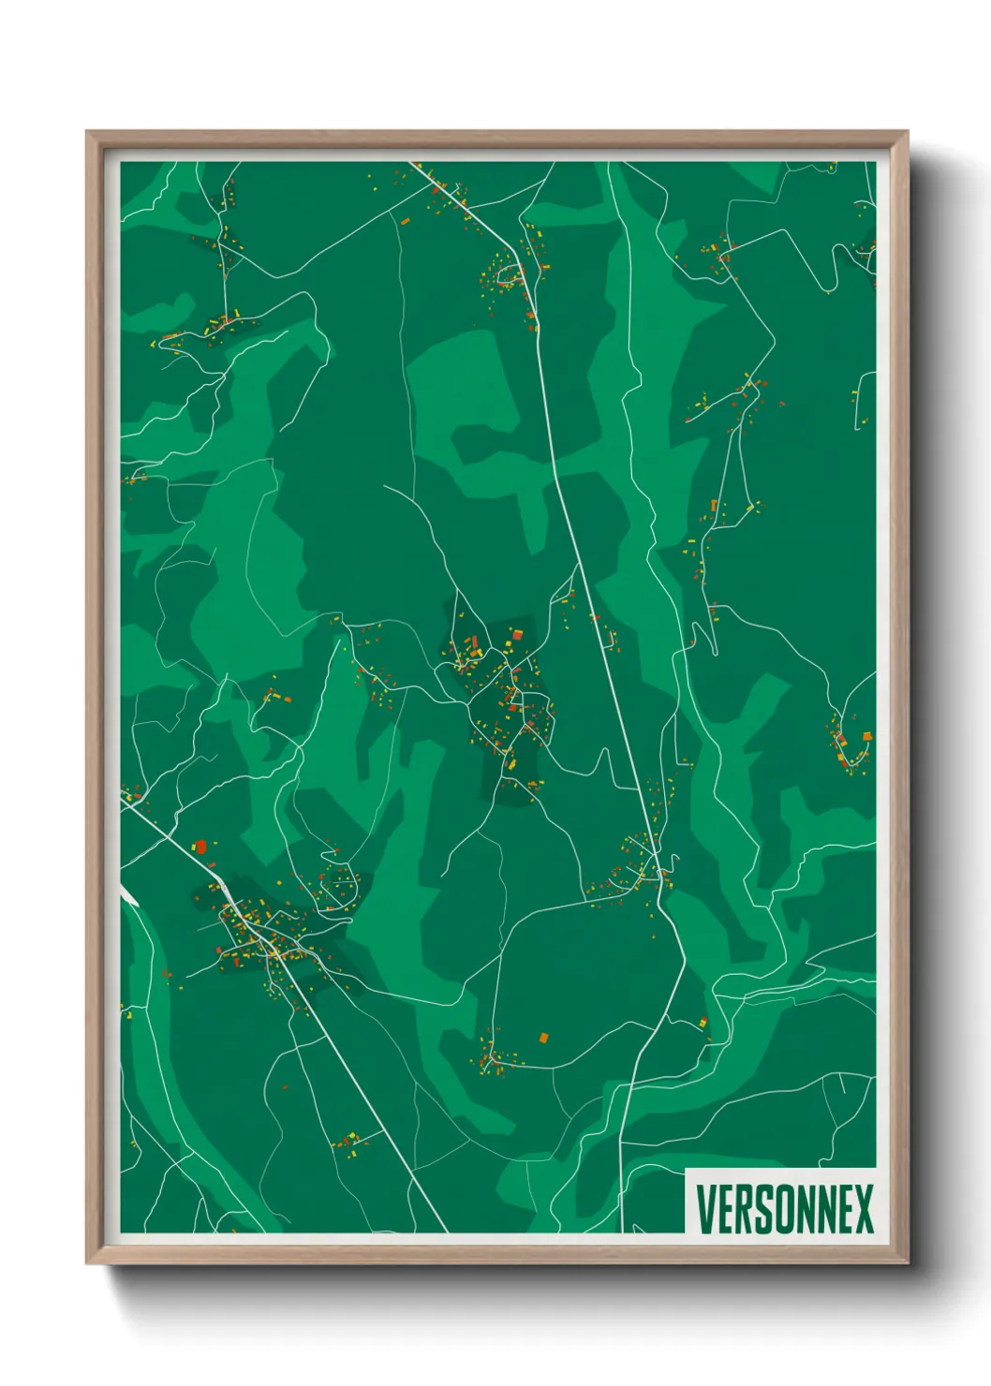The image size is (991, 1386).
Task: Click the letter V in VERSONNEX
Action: (x=706, y=1209)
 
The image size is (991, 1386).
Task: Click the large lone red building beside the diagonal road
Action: (x=200, y=846)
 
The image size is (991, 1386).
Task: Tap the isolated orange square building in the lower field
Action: (x=542, y=1038)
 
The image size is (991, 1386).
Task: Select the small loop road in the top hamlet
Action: (x=511, y=275)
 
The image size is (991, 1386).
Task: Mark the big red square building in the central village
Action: (x=516, y=636)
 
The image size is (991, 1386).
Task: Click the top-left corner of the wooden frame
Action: (x=88, y=133)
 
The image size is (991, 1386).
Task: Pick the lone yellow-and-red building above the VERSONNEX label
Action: (x=704, y=1022)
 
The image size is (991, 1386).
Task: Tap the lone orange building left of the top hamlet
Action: (x=405, y=221)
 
